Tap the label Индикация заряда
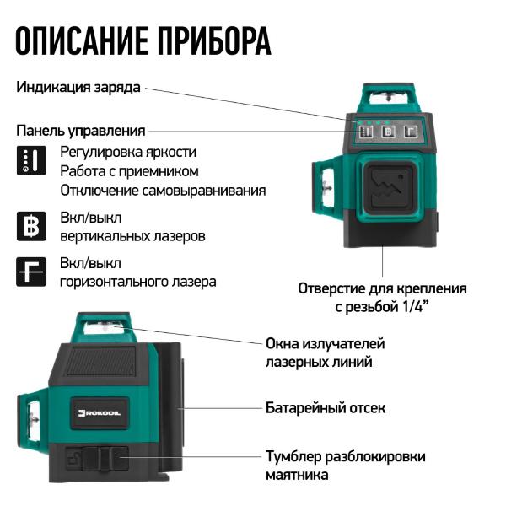click(78, 87)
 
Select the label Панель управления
click(81, 131)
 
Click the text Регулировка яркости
click(128, 153)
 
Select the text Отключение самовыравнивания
click(162, 191)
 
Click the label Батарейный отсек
click(325, 408)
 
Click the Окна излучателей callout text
click(325, 344)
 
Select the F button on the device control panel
click(411, 132)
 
